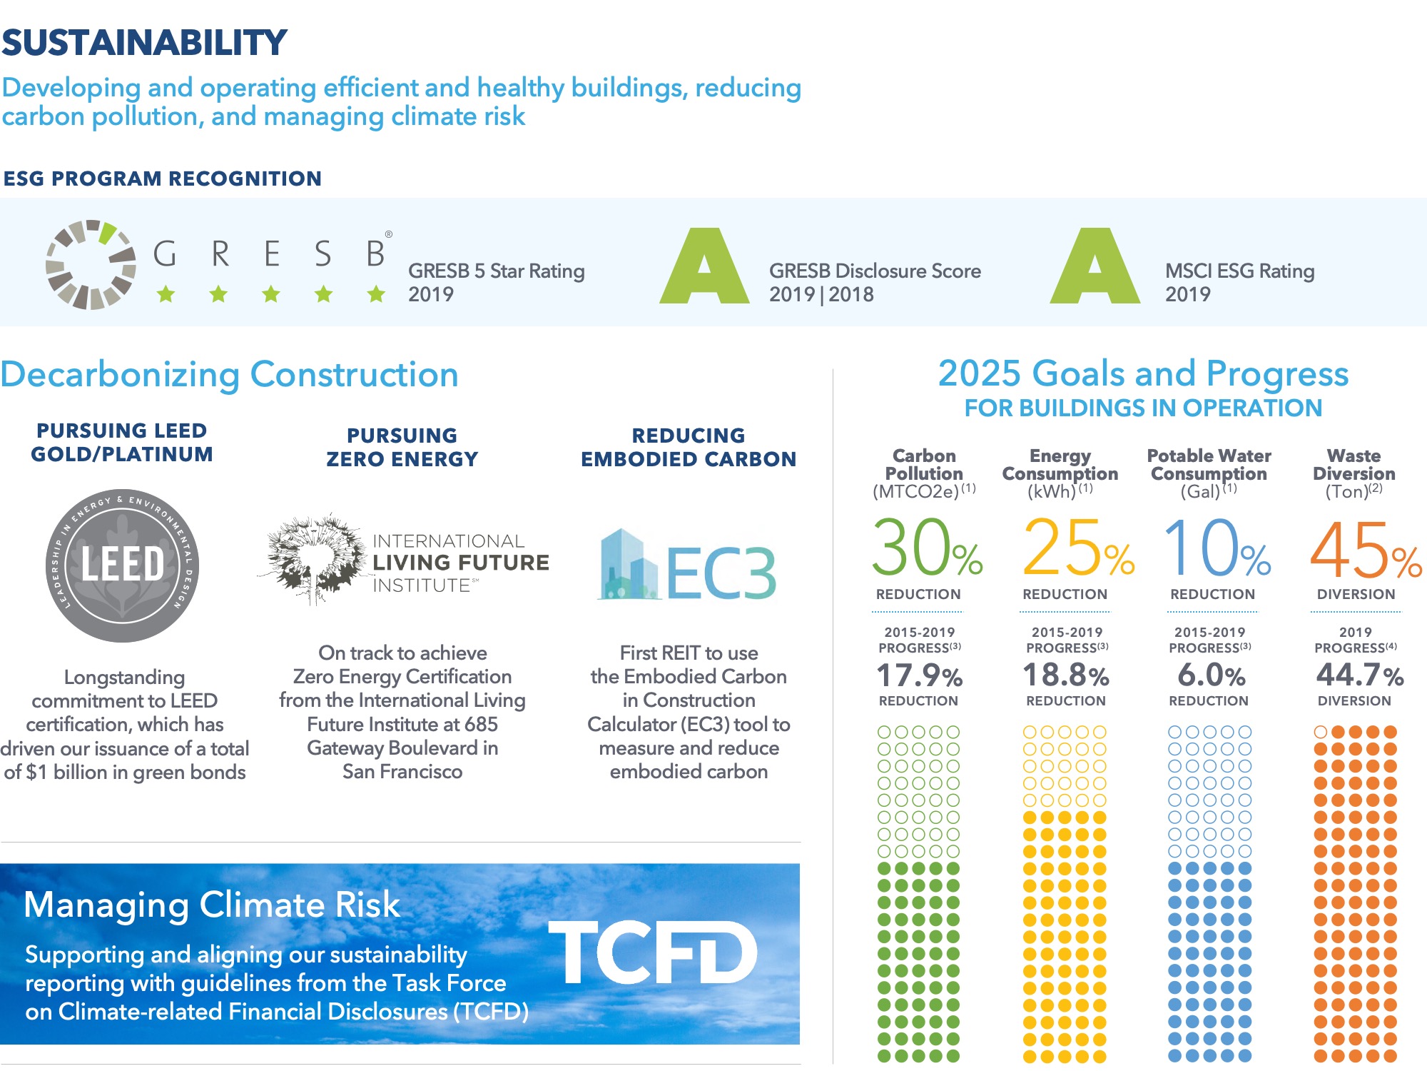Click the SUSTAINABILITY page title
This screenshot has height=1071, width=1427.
point(144,43)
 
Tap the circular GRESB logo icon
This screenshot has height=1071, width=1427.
point(91,264)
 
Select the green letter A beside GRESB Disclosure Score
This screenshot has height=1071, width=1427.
point(704,267)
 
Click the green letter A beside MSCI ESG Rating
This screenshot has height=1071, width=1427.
point(1095,267)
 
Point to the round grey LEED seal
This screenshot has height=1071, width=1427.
point(122,565)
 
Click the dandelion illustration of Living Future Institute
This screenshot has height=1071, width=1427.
point(314,558)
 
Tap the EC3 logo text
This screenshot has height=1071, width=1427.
point(721,573)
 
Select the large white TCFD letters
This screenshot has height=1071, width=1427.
point(652,952)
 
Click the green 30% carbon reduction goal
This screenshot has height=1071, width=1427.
point(927,548)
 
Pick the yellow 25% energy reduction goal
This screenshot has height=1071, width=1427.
point(1078,548)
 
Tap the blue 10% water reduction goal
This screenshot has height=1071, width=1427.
point(1217,548)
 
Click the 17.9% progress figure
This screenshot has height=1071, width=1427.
point(919,675)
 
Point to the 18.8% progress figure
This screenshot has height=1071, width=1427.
point(1066,675)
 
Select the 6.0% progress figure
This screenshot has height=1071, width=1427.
point(1211,675)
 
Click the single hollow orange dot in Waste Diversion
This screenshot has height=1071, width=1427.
point(1321,732)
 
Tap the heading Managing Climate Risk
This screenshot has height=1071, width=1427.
point(211,905)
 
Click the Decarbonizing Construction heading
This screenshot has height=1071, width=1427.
point(230,375)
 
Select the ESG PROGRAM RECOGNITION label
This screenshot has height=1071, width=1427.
point(163,178)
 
